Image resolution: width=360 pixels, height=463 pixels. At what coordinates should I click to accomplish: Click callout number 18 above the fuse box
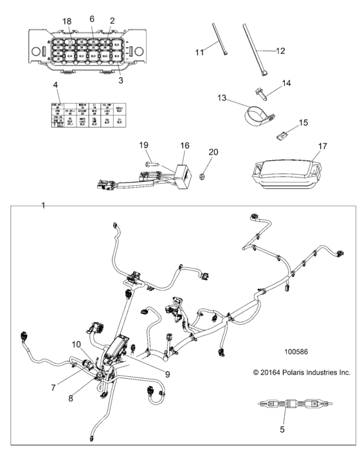coord(66,22)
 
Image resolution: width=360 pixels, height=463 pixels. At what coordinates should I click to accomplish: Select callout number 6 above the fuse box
coord(92,19)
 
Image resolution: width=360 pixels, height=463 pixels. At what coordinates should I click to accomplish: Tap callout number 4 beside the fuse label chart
coord(55,85)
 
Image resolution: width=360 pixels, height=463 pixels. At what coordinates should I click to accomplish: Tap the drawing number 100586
coord(298,352)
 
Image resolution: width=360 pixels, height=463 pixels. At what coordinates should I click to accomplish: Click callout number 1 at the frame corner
coord(43,206)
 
